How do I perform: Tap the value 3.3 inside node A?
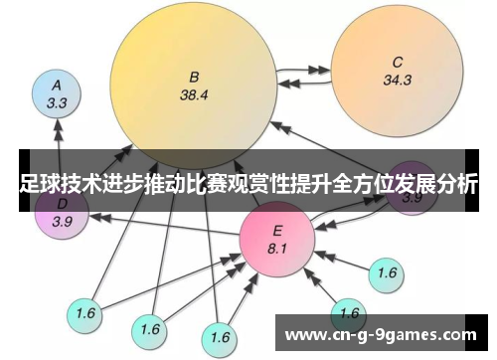coord(57,101)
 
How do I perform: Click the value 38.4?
coord(195,96)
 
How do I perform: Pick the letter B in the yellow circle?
coord(195,78)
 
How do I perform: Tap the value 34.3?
coord(397,80)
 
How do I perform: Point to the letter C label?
coord(398,61)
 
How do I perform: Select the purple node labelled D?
coord(62,213)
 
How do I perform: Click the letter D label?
coord(62,205)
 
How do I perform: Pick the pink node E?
coord(276,236)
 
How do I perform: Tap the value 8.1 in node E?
coord(277,247)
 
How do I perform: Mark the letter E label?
coord(277,229)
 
